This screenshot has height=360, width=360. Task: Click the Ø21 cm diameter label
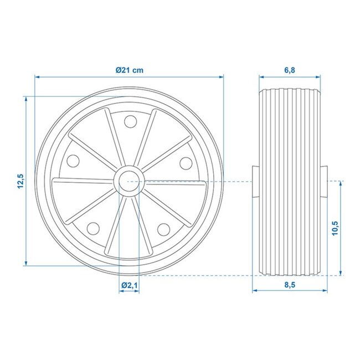(x=130, y=70)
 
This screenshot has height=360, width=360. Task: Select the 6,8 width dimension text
(x=289, y=70)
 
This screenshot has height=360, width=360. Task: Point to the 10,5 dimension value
(x=334, y=228)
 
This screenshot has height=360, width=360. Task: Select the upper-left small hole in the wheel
(x=73, y=161)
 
